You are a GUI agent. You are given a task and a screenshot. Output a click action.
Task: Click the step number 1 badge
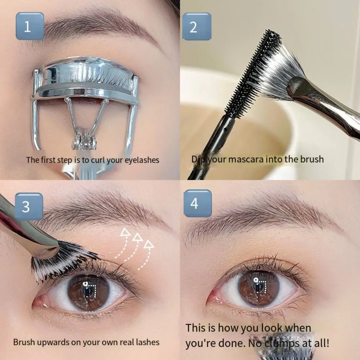[28, 26]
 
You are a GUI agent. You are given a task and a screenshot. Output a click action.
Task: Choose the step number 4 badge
[194, 203]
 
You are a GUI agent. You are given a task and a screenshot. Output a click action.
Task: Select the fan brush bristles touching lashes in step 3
[63, 261]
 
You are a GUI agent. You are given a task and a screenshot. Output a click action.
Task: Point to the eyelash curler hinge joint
[84, 139]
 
